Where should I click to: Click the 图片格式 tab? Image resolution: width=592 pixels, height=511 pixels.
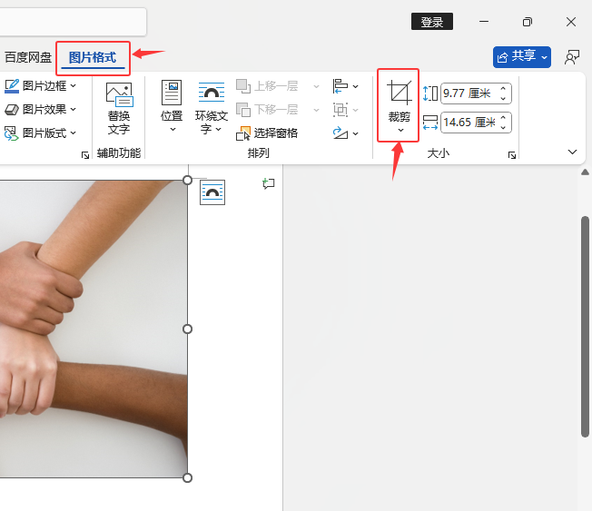pos(93,58)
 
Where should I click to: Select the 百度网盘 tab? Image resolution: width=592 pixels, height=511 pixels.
pos(28,58)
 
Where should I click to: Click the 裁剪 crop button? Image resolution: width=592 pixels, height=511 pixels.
pos(399,106)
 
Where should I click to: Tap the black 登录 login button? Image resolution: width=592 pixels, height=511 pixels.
pos(432,22)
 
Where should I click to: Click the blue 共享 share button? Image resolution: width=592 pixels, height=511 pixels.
pos(522,57)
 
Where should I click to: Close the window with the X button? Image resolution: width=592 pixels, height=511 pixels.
pos(571,22)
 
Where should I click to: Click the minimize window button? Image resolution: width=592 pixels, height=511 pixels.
pos(484,22)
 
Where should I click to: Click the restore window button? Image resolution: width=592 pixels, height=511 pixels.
pos(527,22)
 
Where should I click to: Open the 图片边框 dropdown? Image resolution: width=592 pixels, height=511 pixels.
pos(40,86)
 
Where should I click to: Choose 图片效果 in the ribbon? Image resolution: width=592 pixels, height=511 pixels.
pos(40,110)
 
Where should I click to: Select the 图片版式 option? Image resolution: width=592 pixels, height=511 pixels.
pos(40,133)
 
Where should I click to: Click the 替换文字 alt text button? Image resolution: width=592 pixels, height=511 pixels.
pos(119,109)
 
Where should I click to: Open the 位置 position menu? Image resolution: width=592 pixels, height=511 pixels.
pos(172,106)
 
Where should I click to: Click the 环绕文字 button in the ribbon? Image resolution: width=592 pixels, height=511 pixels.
pos(212,108)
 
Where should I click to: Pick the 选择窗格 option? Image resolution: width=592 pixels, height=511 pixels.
pos(267,133)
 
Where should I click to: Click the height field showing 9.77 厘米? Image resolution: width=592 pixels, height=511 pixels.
pos(476,93)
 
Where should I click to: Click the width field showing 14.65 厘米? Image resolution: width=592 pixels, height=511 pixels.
pos(476,123)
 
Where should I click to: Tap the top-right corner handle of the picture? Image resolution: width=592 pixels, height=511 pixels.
pos(187,180)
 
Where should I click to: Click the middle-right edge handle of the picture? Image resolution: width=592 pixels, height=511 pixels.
pos(187,329)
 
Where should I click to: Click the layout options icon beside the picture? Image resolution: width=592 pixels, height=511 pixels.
pos(212,192)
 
